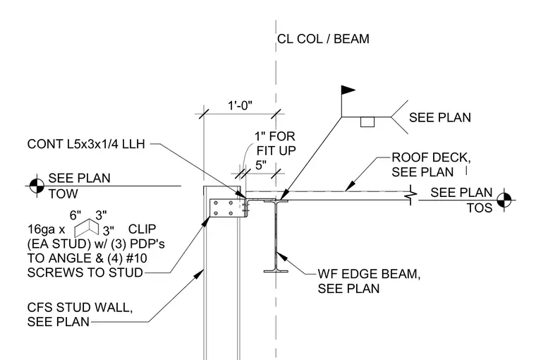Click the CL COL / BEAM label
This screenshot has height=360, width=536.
click(323, 39)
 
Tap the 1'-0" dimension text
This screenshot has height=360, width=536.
click(240, 105)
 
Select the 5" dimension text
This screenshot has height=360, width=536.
click(261, 165)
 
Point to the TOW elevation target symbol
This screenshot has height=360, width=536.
click(37, 186)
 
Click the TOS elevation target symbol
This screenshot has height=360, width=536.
click(504, 200)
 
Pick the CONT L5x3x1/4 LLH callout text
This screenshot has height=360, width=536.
click(86, 144)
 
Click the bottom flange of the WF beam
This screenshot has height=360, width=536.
click(276, 272)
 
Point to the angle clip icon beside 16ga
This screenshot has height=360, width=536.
click(87, 227)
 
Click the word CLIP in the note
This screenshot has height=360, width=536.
click(142, 229)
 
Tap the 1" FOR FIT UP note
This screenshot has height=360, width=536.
click(276, 143)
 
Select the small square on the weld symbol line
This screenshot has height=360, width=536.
click(367, 122)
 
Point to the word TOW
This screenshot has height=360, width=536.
click(63, 193)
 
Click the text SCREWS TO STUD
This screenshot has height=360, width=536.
click(85, 272)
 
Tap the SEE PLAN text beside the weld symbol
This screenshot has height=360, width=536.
click(440, 117)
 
